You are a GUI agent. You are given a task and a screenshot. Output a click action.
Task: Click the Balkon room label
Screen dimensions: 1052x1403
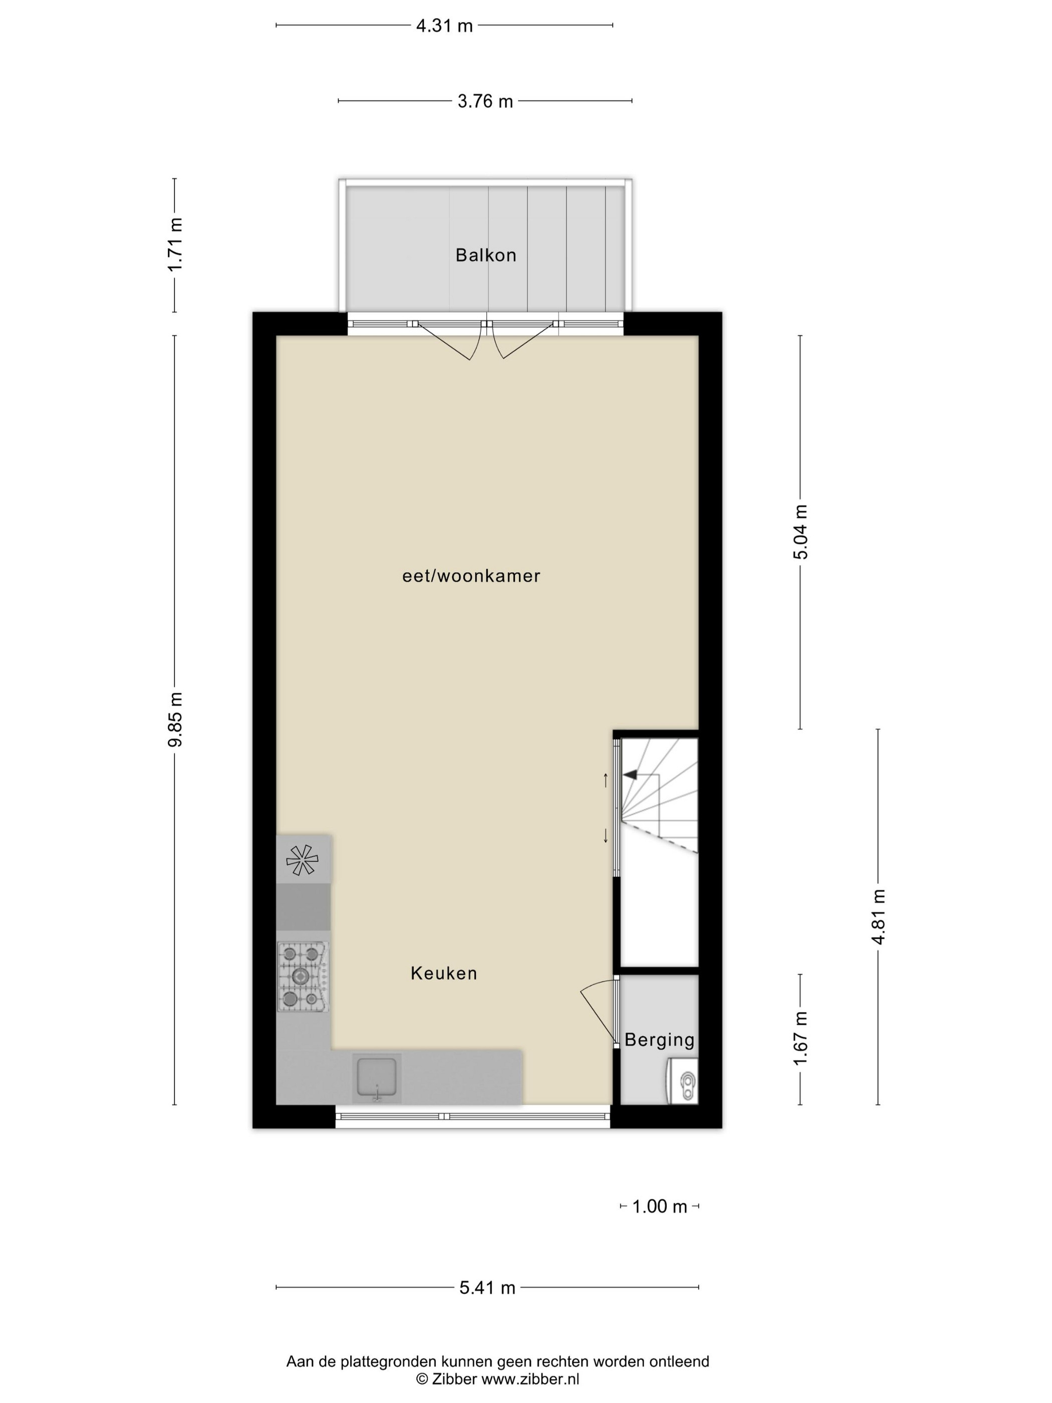pos(486,255)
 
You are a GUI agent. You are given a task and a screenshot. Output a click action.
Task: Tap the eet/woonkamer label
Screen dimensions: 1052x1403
pos(471,576)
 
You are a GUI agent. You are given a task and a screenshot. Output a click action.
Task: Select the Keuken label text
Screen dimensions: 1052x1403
pos(444,973)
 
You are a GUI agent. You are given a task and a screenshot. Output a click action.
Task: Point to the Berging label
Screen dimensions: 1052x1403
pos(659,1040)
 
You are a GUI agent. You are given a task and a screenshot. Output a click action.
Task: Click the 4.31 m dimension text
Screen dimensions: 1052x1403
pos(444,26)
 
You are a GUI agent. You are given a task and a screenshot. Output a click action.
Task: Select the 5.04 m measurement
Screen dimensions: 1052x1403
pos(801,532)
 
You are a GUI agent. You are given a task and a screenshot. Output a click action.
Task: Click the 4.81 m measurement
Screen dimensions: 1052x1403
pos(878,916)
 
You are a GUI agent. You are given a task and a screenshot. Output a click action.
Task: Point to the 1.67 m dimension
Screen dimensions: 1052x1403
pos(801,1039)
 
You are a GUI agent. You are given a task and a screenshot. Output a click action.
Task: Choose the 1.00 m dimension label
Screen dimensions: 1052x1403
pos(659,1207)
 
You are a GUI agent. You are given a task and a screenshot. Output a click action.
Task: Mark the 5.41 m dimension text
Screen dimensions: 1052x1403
pos(487,1288)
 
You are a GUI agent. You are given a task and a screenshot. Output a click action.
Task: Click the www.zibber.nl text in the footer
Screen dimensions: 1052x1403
pos(530,1378)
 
